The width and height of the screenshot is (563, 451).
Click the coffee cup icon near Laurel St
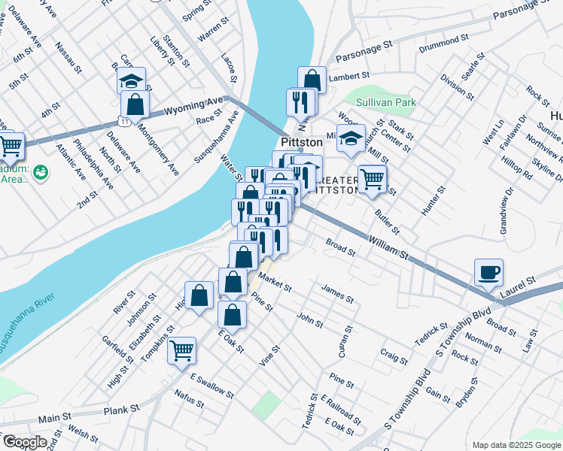(x=489, y=272)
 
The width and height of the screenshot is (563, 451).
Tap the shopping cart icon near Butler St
(x=372, y=179)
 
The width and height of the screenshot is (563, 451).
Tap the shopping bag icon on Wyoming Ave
(x=135, y=104)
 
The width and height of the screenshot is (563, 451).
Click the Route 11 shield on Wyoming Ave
(x=122, y=121)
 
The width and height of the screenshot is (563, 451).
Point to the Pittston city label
(x=301, y=142)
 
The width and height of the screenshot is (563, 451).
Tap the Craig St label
(x=394, y=354)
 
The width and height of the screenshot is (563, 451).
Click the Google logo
(x=25, y=442)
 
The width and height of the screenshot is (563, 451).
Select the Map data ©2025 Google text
(x=515, y=445)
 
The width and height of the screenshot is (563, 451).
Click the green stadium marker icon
(x=41, y=173)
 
